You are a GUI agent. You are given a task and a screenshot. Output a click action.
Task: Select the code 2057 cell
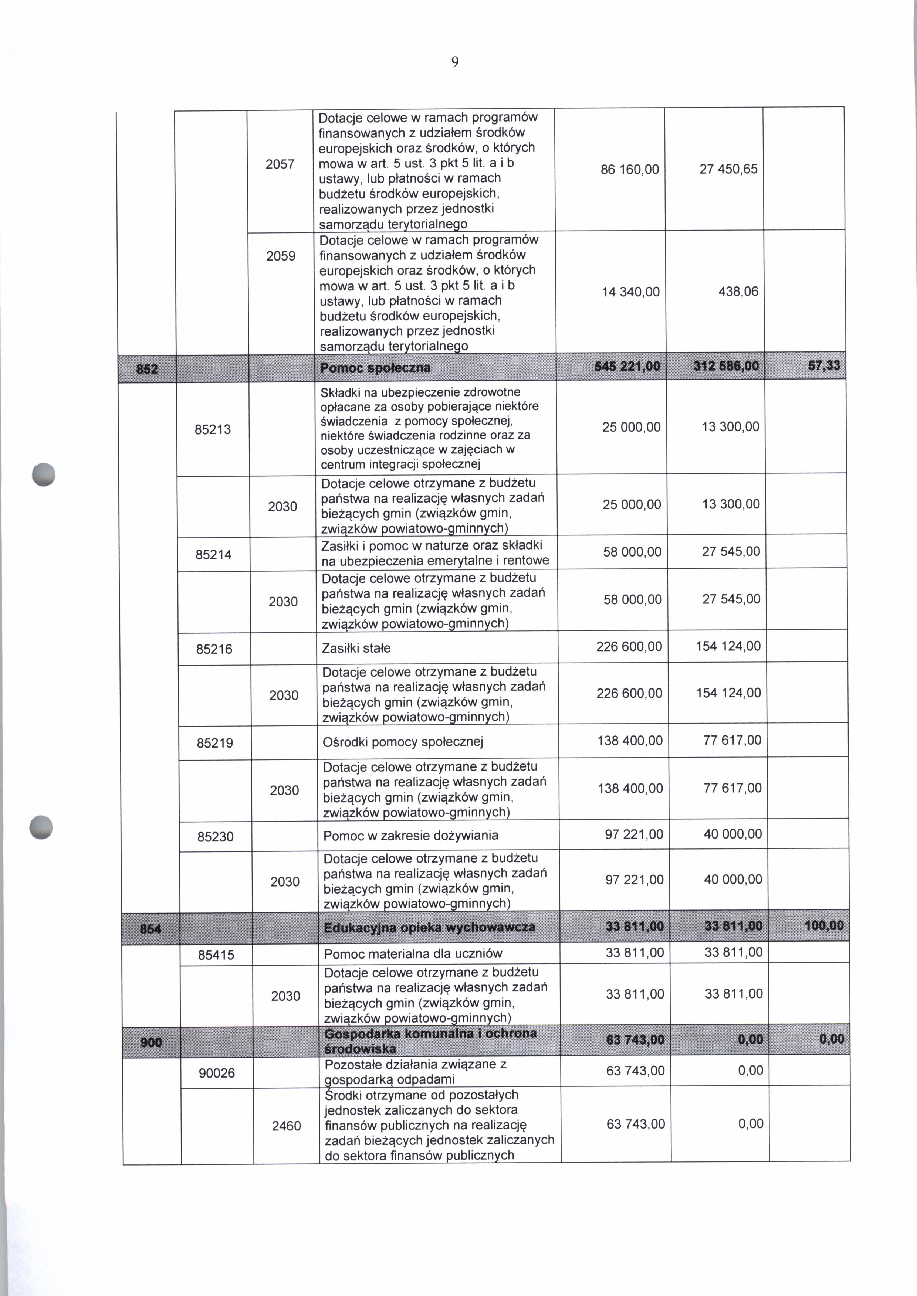[x=280, y=164]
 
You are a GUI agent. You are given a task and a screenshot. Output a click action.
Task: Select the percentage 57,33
[x=823, y=366]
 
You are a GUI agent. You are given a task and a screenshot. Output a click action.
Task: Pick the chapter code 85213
[x=213, y=429]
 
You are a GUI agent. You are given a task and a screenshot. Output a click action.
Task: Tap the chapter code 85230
[x=215, y=837]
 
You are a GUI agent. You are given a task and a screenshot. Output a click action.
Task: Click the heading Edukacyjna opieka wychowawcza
[x=429, y=928]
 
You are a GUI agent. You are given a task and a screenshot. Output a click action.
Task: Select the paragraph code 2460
[x=286, y=1126]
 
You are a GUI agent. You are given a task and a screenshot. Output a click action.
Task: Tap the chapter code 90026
[x=216, y=1072]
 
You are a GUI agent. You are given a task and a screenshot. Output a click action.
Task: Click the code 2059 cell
[x=281, y=256]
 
